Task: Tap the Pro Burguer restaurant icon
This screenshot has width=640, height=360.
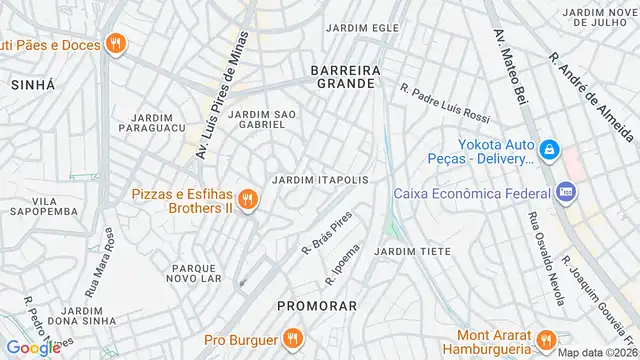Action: [x=292, y=337]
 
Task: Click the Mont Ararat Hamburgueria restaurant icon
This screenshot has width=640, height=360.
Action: [x=546, y=338]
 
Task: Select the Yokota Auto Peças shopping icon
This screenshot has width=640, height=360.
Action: [x=548, y=150]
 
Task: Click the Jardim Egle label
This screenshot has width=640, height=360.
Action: [x=356, y=28]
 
